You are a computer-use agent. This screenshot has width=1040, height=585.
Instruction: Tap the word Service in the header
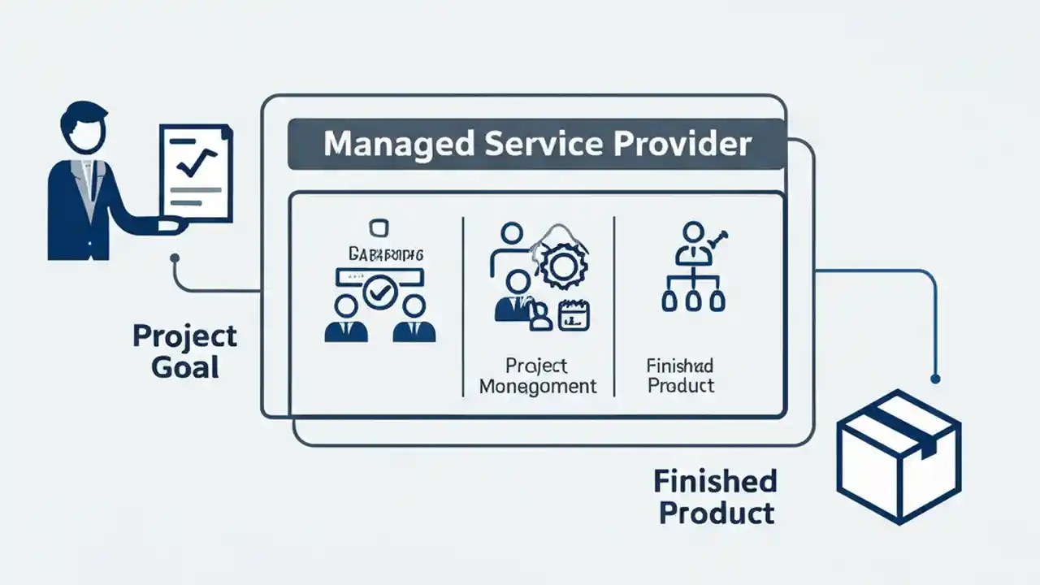(x=538, y=145)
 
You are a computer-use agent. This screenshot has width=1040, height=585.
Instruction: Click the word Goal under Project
(x=185, y=366)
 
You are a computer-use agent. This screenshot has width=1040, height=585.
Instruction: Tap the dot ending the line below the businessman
(x=174, y=258)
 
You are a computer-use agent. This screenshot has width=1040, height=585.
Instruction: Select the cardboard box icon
(x=899, y=457)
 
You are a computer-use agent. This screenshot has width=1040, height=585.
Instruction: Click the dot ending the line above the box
(x=935, y=379)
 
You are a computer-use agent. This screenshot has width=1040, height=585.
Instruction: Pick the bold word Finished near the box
(x=715, y=481)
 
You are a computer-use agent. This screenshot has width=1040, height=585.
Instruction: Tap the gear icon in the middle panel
(x=560, y=268)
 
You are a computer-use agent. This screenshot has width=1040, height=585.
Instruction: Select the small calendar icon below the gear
(x=574, y=315)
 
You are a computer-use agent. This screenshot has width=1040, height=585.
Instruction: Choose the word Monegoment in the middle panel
(x=537, y=386)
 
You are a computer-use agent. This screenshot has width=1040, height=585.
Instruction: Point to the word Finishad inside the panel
(x=680, y=365)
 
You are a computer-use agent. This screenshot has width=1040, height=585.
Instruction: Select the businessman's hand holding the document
(x=170, y=225)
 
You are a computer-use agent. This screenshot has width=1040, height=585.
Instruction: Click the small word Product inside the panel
(x=681, y=385)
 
